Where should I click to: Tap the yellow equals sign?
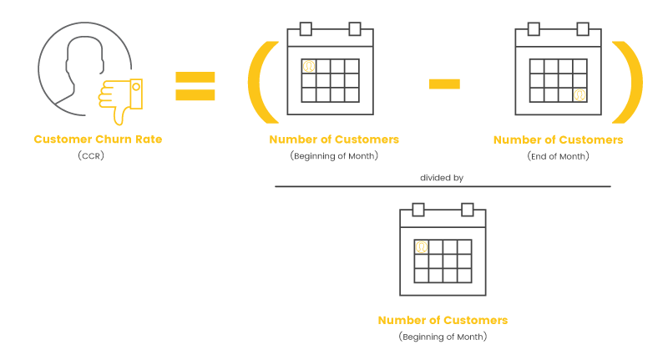195,86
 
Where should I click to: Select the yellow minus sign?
444,84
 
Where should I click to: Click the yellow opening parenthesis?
259,83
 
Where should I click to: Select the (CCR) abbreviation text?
91,156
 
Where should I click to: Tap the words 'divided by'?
442,178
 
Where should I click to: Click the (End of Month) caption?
558,156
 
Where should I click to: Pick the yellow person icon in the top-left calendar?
309,67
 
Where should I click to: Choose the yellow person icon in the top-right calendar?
579,94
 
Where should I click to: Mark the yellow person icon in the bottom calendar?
422,247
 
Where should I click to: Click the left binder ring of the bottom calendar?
418,210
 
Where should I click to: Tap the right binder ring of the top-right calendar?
583,29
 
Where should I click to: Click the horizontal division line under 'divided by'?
443,186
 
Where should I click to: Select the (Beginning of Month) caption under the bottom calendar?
443,337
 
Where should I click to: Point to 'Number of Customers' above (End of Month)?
558,139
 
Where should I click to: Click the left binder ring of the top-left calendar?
306,29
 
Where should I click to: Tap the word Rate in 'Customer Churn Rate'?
149,139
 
